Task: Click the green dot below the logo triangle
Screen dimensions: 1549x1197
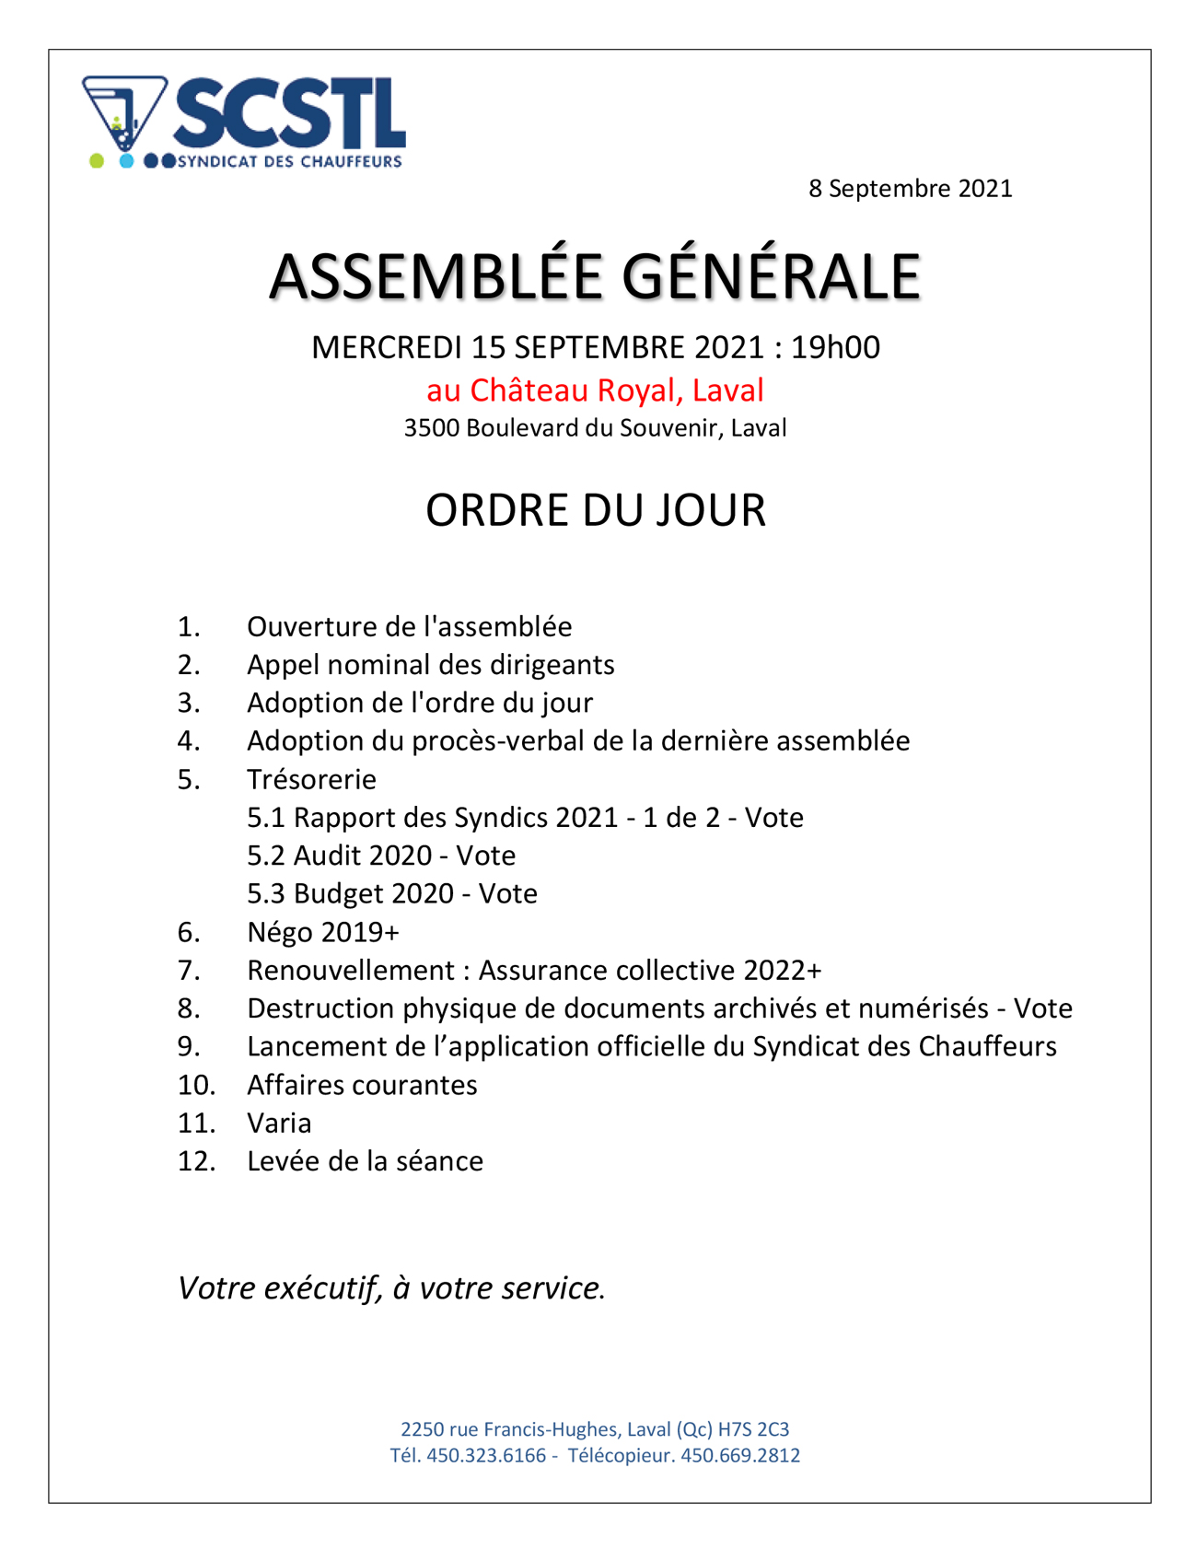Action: (97, 161)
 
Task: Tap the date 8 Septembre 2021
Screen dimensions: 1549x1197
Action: (910, 189)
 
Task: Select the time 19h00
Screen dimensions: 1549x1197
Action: (835, 347)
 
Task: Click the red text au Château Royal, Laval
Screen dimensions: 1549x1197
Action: (595, 390)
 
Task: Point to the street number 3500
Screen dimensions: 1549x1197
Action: (431, 428)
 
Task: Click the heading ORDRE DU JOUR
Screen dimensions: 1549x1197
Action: (595, 510)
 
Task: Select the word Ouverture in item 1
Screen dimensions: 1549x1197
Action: (305, 627)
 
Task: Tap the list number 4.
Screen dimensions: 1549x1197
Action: (188, 741)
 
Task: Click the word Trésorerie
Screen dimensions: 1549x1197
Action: (311, 780)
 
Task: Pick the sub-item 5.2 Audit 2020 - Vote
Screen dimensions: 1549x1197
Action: (380, 856)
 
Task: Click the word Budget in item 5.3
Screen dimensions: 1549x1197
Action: (336, 894)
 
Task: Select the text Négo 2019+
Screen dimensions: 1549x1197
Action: (322, 933)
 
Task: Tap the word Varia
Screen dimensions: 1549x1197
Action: (279, 1124)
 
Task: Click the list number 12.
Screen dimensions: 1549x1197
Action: (195, 1161)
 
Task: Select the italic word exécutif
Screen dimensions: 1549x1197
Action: (322, 1288)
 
